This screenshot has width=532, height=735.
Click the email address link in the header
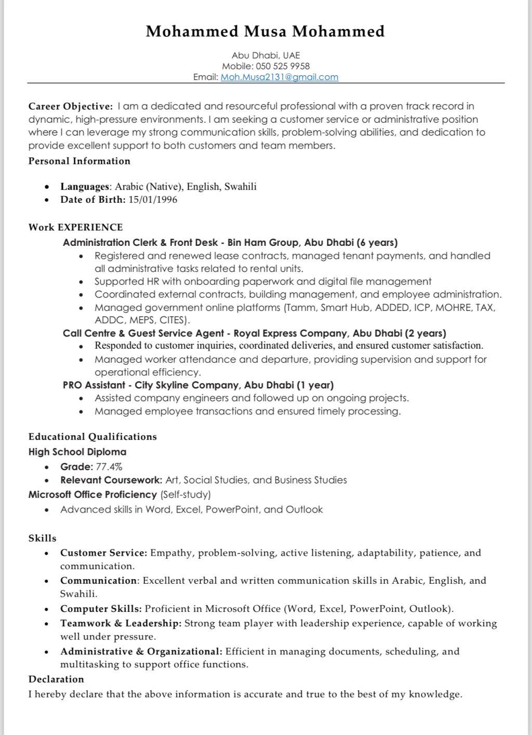(280, 77)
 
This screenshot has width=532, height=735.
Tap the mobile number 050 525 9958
(283, 66)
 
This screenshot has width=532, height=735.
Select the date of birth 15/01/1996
(153, 200)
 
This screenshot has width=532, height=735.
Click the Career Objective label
(71, 107)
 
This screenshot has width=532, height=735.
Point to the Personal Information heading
(79, 161)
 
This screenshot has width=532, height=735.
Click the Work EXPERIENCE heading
(76, 227)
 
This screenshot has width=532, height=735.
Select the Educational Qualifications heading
(92, 437)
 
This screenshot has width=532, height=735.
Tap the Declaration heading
(56, 679)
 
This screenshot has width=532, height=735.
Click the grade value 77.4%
(109, 467)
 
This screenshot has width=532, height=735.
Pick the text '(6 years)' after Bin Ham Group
(377, 242)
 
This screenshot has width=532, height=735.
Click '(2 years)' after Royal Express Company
(425, 333)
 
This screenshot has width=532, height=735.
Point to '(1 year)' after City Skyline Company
(315, 385)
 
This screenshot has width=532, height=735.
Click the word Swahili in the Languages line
(241, 187)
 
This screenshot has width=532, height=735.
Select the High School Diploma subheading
(77, 452)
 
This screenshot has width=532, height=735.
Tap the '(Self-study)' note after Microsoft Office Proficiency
(185, 494)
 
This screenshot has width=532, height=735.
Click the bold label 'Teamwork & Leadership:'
(121, 623)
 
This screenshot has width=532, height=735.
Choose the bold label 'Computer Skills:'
(101, 609)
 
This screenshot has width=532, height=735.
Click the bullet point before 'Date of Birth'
(47, 200)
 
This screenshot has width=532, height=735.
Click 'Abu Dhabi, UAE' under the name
(266, 55)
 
